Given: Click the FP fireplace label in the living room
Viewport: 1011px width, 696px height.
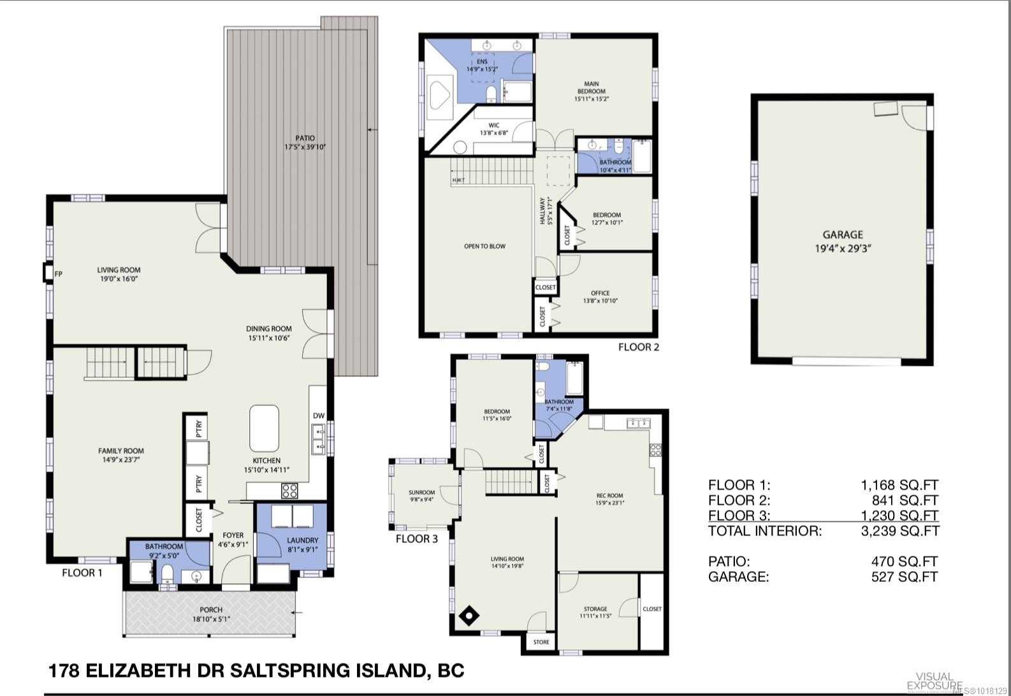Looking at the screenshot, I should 59,274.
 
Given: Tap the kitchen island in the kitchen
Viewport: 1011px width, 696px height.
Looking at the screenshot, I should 264,428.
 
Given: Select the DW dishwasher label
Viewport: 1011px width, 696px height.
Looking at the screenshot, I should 319,416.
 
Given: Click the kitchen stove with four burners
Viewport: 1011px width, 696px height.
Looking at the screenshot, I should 289,491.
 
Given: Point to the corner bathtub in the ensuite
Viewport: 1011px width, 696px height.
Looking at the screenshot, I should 439,94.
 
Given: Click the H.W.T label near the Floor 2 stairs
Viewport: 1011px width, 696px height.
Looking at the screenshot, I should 458,180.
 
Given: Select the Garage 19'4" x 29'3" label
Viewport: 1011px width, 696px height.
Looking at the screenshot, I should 843,241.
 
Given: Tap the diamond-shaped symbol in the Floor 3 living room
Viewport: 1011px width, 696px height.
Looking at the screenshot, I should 470,616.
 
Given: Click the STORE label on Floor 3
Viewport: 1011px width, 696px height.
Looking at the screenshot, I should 541,642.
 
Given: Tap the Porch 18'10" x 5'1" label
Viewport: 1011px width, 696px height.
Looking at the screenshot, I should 211,614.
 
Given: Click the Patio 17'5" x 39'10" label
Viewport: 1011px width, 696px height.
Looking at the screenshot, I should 300,143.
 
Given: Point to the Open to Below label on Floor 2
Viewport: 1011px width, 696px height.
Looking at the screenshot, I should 484,246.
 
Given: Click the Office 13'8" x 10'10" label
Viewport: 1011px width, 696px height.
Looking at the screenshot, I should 600,297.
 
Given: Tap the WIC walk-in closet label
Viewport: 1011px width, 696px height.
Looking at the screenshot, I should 494,129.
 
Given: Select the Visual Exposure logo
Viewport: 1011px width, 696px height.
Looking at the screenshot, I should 935,680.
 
